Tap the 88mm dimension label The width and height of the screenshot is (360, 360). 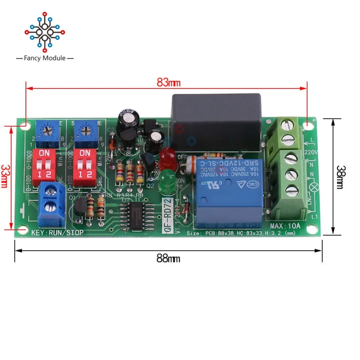[x=168, y=258]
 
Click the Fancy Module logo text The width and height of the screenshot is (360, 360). [x=45, y=58]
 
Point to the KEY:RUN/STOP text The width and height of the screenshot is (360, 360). [x=58, y=233]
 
